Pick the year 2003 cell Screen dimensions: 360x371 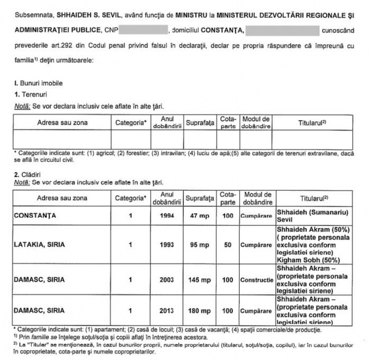[167, 280]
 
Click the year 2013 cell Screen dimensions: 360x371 [167, 309]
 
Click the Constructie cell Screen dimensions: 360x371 [256, 280]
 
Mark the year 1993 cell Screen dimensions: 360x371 [167, 244]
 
